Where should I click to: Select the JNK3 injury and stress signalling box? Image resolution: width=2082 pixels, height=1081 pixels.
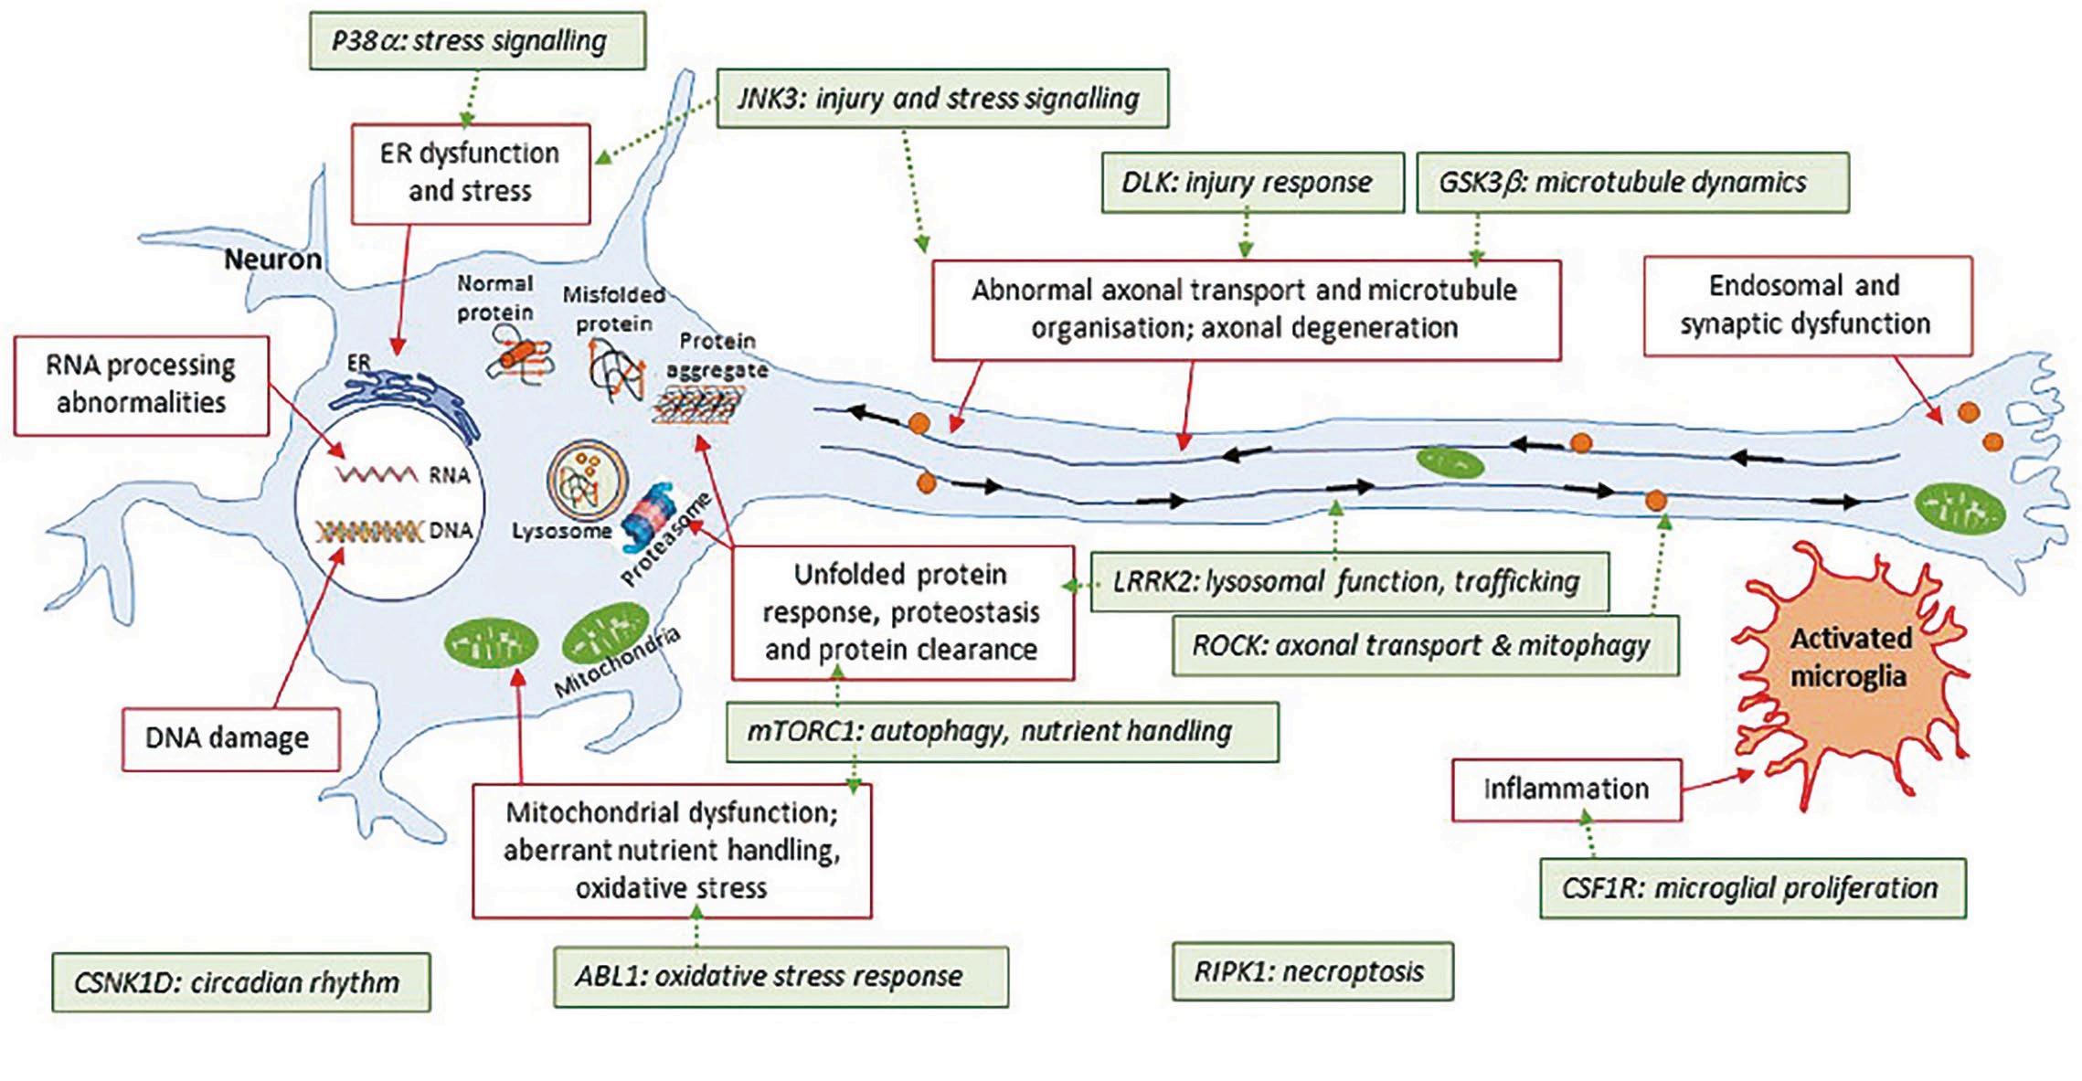(941, 99)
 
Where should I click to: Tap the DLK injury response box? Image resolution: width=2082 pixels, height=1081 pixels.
(1251, 183)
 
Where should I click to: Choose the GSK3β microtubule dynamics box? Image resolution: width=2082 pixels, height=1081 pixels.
(1631, 183)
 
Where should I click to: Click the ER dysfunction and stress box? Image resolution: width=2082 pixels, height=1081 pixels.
(470, 173)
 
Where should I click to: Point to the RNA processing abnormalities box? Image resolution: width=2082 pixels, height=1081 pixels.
(142, 385)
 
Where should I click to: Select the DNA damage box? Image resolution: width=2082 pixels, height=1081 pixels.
(230, 738)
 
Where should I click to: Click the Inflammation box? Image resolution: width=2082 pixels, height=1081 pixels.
(1566, 790)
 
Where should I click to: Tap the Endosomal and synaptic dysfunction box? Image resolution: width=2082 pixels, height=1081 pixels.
(1807, 305)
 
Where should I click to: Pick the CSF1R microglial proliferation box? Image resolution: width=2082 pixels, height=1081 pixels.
(1752, 888)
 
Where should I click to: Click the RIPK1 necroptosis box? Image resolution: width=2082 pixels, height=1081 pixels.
(1312, 971)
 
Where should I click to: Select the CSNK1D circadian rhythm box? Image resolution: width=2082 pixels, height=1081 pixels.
(240, 982)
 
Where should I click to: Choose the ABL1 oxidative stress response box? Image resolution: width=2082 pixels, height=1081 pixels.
(780, 976)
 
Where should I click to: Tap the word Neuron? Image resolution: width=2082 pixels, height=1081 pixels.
(272, 260)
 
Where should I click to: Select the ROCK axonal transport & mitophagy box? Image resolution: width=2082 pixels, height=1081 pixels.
(1424, 645)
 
